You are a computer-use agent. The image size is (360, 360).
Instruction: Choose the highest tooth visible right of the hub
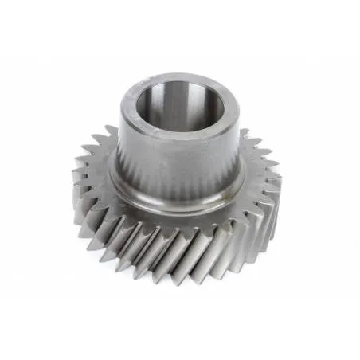tap(245, 133)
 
